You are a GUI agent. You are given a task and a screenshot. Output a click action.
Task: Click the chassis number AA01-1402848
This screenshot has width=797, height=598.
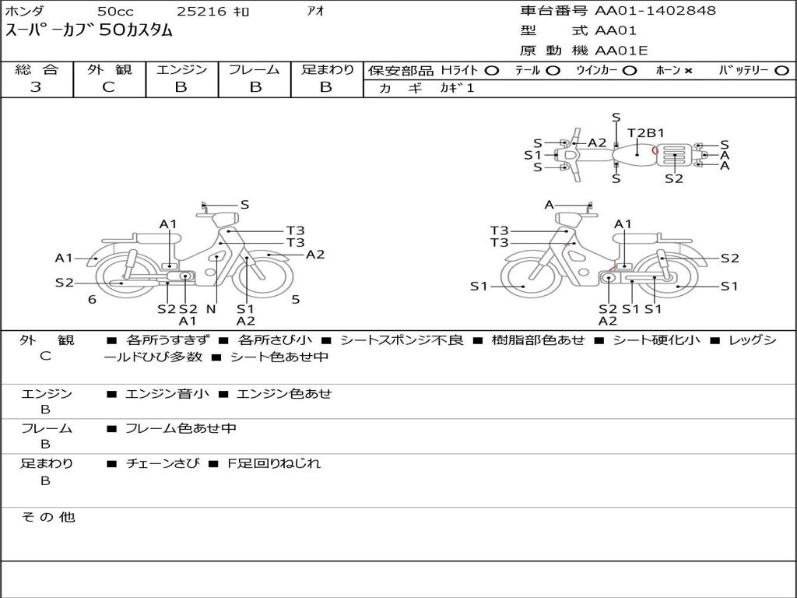655,10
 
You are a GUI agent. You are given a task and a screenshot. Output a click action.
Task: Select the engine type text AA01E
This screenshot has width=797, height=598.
621,51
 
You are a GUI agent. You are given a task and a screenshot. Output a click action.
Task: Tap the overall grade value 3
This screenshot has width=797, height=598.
36,87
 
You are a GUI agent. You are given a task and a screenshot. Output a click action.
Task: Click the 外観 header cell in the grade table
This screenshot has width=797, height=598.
109,69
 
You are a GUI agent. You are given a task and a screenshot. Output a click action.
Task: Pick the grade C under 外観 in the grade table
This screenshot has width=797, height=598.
109,87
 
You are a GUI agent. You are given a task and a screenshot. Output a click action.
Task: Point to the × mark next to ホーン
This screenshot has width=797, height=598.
688,71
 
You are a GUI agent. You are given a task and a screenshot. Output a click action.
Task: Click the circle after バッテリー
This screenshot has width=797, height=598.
781,71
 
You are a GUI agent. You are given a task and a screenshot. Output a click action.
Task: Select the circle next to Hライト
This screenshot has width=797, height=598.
492,71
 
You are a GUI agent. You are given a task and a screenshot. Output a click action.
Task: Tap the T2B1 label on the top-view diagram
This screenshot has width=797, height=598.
645,132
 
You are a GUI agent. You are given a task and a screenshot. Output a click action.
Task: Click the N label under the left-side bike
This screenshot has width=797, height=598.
212,308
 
